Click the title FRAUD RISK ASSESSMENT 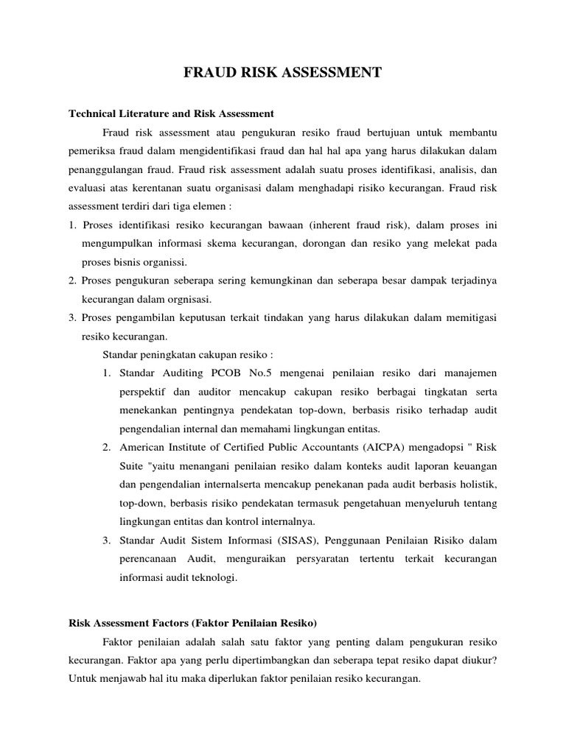tap(282, 72)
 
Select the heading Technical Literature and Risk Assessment tap(171, 113)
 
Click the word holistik tap(478, 485)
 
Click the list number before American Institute tap(107, 447)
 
